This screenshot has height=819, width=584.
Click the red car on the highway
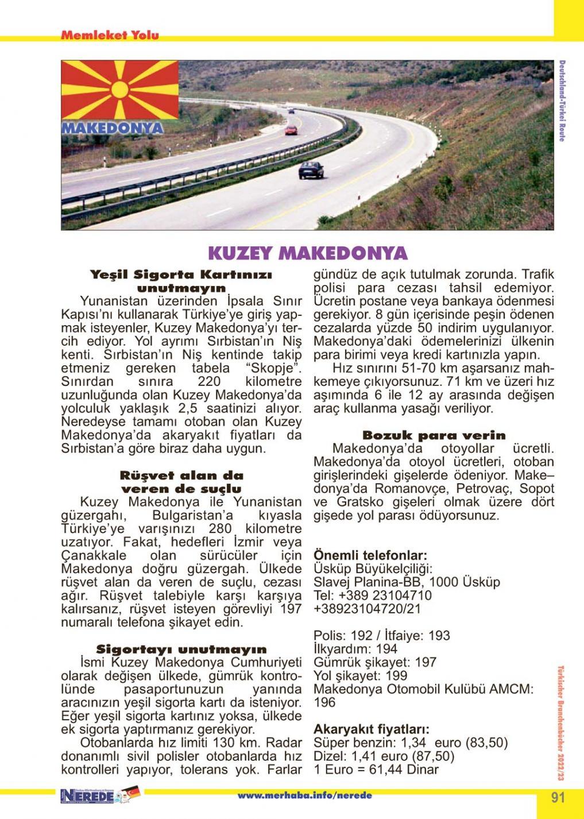point(291,130)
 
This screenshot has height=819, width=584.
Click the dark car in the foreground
point(311,169)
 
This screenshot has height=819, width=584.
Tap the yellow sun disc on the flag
point(120,90)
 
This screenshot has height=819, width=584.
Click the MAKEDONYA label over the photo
point(113,128)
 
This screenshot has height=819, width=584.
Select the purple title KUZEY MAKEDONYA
point(307,253)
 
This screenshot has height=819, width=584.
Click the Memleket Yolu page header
point(110,36)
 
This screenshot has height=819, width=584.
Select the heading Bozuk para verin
point(434,435)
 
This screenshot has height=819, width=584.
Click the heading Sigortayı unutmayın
point(181,650)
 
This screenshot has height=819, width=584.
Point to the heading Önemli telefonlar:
point(370,555)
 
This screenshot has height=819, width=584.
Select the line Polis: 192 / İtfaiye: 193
point(382,635)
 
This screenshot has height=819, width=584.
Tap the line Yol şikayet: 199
point(360,675)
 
